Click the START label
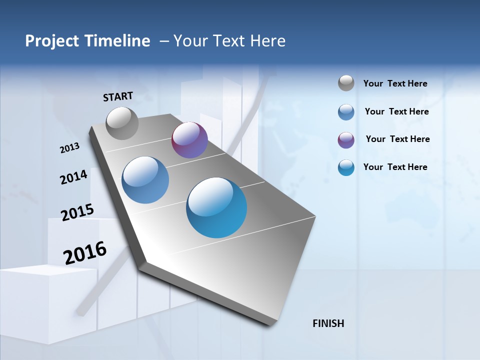118,96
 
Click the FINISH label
328,323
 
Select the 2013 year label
70,148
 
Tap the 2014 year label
74,177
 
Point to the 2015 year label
77,212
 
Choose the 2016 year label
85,253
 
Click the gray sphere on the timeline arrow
122,123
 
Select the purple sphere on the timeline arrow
189,140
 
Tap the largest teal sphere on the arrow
216,207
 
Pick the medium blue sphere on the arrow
145,180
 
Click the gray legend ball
346,83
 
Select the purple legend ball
346,140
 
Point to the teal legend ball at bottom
346,167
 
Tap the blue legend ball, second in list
346,112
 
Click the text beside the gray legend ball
395,83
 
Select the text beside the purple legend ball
397,139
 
